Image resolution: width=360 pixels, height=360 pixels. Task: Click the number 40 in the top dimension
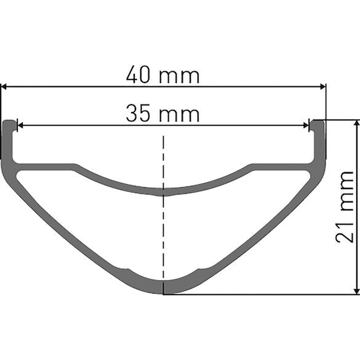[138, 76]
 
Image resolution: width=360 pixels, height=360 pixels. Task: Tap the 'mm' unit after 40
[180, 76]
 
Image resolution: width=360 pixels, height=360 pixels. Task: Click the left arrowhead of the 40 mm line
[5, 87]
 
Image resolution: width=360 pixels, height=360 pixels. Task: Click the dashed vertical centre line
[163, 234]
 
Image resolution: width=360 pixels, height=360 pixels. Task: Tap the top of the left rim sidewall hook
[9, 121]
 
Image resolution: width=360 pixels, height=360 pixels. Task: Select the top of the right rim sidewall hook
[318, 121]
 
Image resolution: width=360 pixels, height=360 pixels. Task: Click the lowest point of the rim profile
[163, 294]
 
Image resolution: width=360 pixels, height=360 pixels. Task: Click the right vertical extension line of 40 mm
[326, 102]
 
